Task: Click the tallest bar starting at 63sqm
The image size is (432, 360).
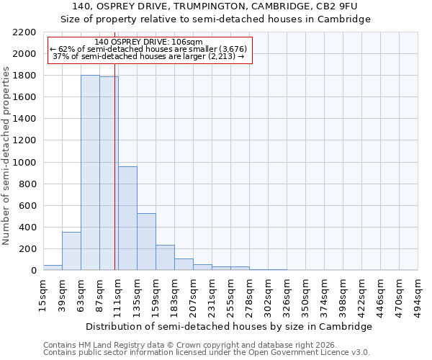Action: coord(90,173)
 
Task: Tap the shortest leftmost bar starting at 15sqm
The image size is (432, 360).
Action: coord(53,267)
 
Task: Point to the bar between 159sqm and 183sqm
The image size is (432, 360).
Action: coord(165,257)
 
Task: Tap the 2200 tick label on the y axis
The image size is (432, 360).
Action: coord(24,32)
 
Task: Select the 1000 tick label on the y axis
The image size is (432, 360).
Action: coord(24,163)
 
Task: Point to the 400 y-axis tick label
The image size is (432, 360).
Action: coord(27,228)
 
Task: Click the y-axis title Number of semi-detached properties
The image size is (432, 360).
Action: coord(7,155)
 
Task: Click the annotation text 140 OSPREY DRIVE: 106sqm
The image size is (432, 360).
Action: coord(149,42)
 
